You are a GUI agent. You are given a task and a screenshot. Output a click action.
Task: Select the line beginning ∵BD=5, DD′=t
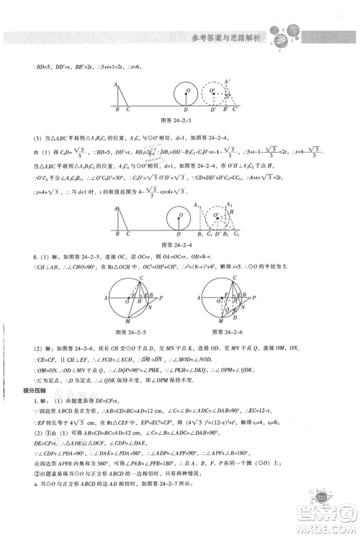coord(79,67)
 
